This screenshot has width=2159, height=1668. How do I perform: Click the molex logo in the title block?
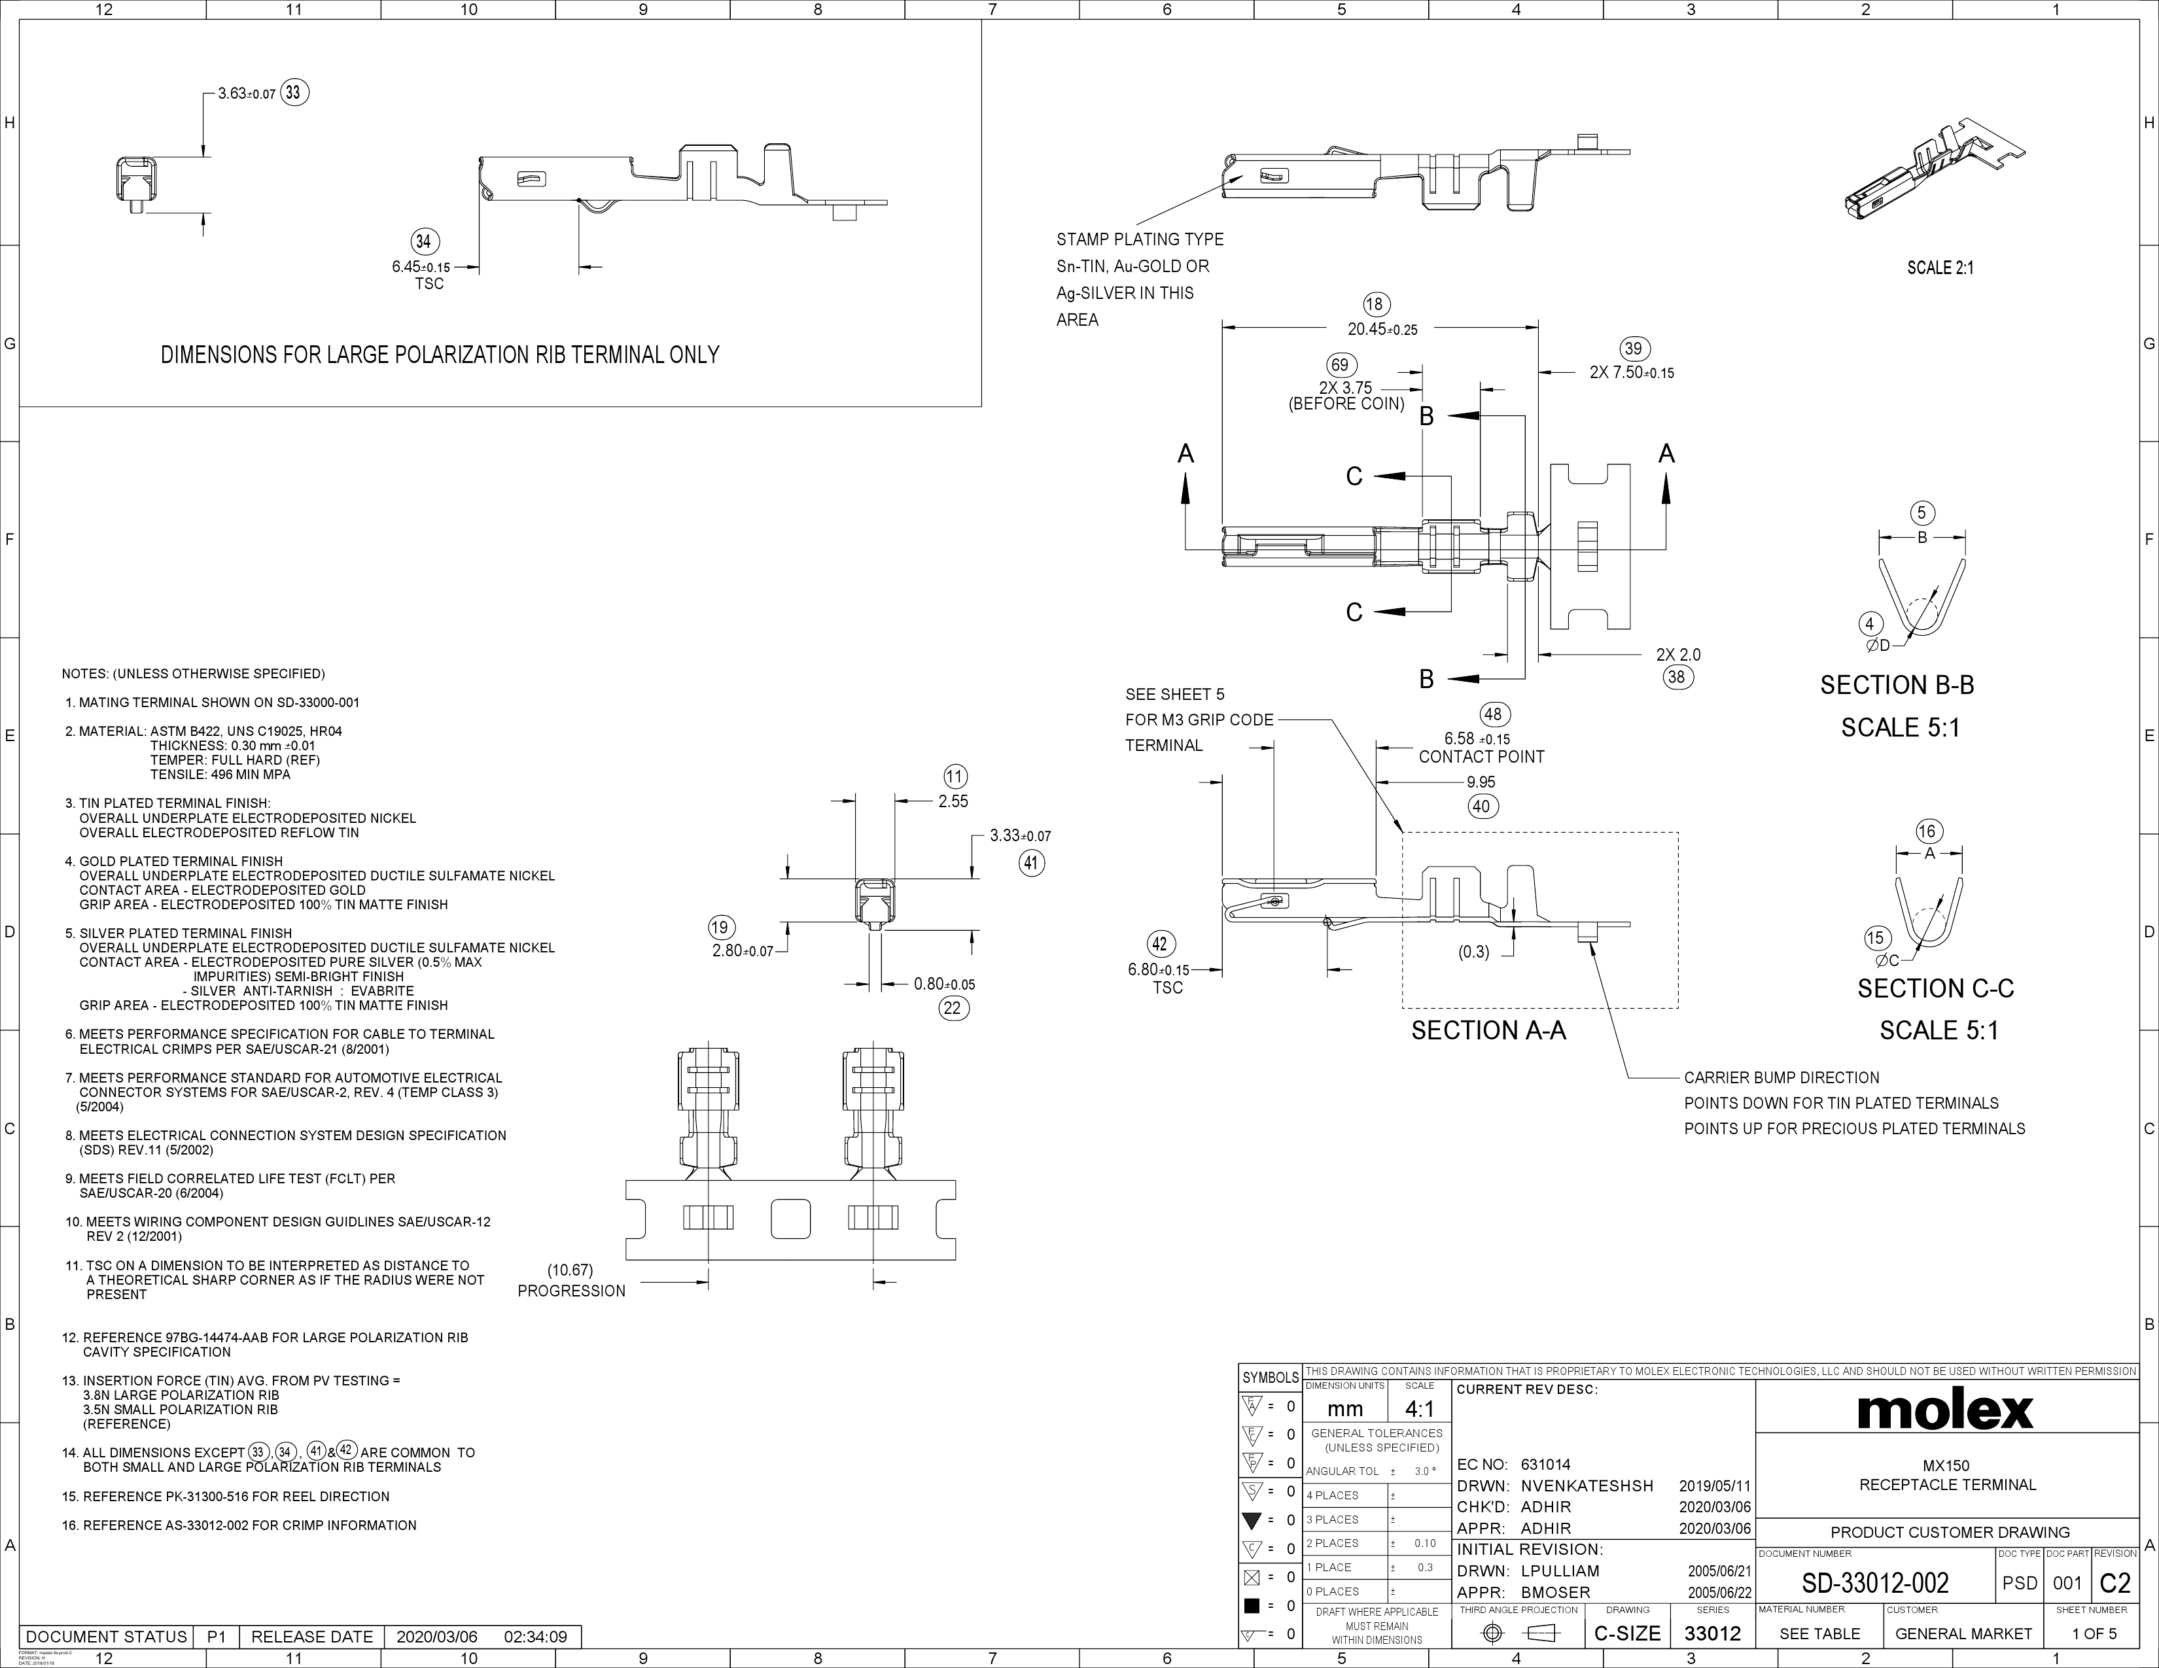pyautogui.click(x=1946, y=1411)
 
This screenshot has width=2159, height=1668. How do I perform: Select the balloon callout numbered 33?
pyautogui.click(x=294, y=93)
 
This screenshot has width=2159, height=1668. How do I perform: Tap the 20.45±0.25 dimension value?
pyautogui.click(x=1382, y=329)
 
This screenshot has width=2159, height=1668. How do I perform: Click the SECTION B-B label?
pyautogui.click(x=1897, y=685)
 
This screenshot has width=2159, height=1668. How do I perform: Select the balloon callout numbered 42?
pyautogui.click(x=1161, y=944)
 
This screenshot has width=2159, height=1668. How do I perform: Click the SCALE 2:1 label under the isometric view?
pyautogui.click(x=1940, y=268)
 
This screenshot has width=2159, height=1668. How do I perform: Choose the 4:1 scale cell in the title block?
pyautogui.click(x=1420, y=1409)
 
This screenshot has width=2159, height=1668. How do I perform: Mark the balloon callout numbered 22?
pyautogui.click(x=954, y=1008)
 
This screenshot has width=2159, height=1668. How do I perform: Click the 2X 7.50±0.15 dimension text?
pyautogui.click(x=1631, y=373)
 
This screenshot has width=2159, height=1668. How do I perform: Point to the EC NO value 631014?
pyautogui.click(x=1545, y=1465)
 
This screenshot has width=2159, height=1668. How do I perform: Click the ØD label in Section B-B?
pyautogui.click(x=1877, y=645)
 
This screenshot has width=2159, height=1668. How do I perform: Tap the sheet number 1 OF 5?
pyautogui.click(x=2094, y=1633)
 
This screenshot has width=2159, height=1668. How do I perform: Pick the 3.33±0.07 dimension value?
pyautogui.click(x=1020, y=836)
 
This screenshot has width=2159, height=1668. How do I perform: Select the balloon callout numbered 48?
pyautogui.click(x=1493, y=714)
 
